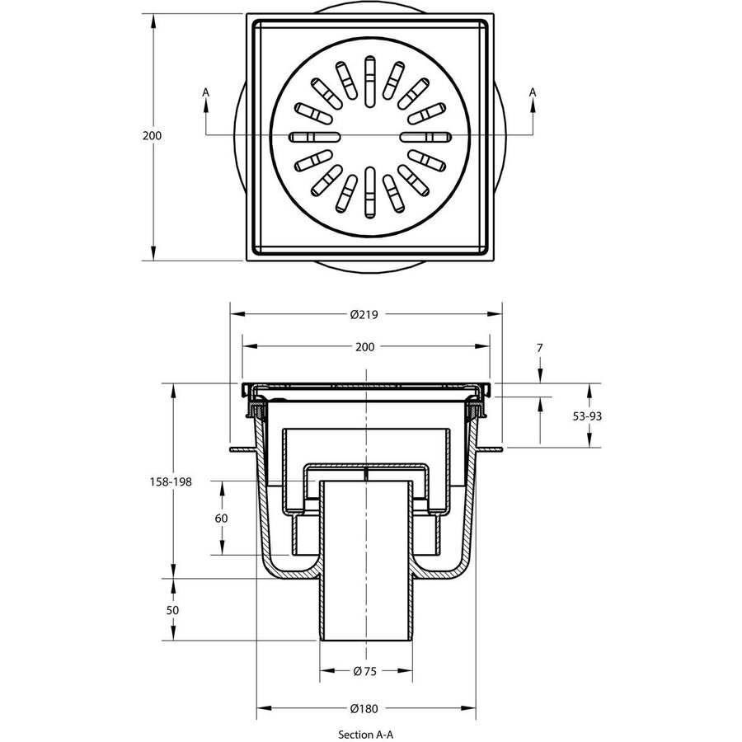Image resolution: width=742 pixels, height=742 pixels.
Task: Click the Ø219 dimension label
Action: click(x=364, y=314)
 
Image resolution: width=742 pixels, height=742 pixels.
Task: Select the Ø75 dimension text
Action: click(x=364, y=671)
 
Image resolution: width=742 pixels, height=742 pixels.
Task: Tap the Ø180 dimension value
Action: click(x=364, y=708)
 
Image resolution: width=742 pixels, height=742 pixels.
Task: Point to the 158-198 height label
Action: click(x=171, y=481)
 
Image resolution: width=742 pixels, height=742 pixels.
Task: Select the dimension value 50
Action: click(x=172, y=610)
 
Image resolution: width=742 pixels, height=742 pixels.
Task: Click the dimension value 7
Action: click(x=539, y=349)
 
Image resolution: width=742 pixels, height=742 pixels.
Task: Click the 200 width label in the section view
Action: click(x=364, y=347)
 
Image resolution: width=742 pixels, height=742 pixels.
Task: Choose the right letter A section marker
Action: click(x=533, y=92)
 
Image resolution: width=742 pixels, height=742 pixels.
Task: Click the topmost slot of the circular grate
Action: click(x=369, y=68)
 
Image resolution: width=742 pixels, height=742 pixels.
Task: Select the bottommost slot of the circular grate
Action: click(x=369, y=203)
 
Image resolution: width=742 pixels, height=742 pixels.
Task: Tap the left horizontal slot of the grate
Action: click(x=314, y=136)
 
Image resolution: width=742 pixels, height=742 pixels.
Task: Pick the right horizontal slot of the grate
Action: click(x=425, y=136)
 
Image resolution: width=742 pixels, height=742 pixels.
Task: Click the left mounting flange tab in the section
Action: click(x=239, y=450)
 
